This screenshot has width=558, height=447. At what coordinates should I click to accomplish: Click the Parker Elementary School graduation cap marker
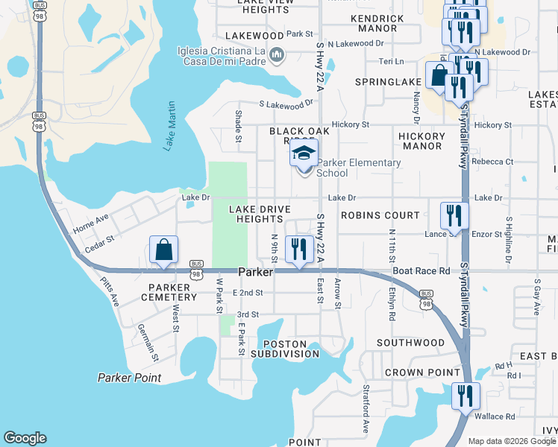[x=304, y=154]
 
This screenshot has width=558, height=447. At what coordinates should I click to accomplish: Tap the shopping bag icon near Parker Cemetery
[x=163, y=250]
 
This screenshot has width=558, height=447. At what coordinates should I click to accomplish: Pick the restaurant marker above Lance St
[x=454, y=216]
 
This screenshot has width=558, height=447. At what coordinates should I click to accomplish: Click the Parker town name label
[x=255, y=273]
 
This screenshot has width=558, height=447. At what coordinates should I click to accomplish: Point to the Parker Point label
[x=129, y=378]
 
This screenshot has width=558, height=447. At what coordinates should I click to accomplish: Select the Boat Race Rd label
[x=421, y=272]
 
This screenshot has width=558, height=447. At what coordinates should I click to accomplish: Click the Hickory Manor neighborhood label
[x=421, y=142]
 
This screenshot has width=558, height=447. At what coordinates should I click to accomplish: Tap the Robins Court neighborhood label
[x=380, y=215]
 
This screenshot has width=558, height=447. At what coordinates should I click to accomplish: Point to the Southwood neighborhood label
[x=410, y=343]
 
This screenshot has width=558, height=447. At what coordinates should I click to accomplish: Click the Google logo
[x=25, y=438]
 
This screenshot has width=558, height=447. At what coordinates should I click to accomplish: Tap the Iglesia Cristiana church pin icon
[x=277, y=55]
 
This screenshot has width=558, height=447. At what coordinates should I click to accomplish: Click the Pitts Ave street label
[x=110, y=293]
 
